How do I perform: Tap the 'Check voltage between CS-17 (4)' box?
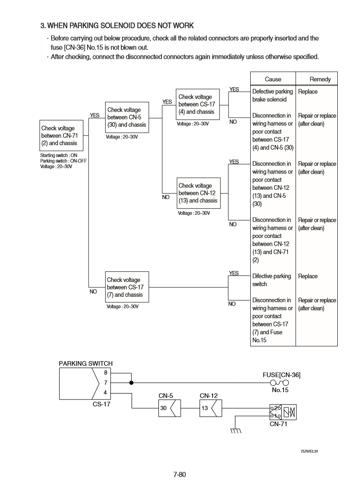pyautogui.click(x=197, y=104)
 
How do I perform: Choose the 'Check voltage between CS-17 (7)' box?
pyautogui.click(x=127, y=287)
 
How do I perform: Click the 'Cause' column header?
pyautogui.click(x=272, y=79)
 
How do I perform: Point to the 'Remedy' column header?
pyautogui.click(x=320, y=79)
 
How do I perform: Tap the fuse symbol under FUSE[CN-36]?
pyautogui.click(x=279, y=382)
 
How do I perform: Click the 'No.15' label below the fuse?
pyautogui.click(x=280, y=390)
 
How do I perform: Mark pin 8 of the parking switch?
pyautogui.click(x=105, y=372)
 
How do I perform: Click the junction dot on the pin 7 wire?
pyautogui.click(x=131, y=383)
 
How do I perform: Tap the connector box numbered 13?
pyautogui.click(x=208, y=408)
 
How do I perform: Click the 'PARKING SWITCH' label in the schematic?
pyautogui.click(x=86, y=363)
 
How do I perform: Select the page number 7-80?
pyautogui.click(x=179, y=475)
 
